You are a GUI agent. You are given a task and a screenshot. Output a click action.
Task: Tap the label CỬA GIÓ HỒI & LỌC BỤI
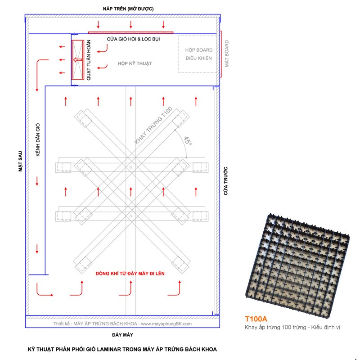(x=134, y=39)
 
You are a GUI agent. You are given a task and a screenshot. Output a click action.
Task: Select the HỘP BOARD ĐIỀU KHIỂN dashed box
(x=198, y=54)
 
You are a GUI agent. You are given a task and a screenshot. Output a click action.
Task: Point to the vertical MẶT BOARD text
(x=227, y=54)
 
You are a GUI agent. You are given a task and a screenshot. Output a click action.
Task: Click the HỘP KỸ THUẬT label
(x=135, y=63)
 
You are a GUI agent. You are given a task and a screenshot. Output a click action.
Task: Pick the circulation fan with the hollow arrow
(x=77, y=60)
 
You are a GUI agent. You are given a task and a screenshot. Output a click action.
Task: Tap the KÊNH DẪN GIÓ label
(x=38, y=139)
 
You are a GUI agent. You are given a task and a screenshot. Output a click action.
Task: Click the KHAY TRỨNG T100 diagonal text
(x=153, y=126)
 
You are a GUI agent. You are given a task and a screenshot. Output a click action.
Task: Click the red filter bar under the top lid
(x=130, y=32)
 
